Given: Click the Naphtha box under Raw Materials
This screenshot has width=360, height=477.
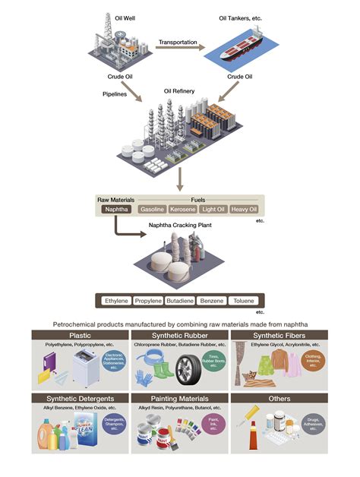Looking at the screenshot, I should coord(117,209).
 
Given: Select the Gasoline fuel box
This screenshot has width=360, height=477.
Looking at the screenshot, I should coord(152,209).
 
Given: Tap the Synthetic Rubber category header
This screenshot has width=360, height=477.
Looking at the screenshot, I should coord(179,334).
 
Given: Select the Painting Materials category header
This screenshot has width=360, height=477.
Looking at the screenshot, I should coord(179,398).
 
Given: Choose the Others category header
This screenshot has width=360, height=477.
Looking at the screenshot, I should coord(279,398).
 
